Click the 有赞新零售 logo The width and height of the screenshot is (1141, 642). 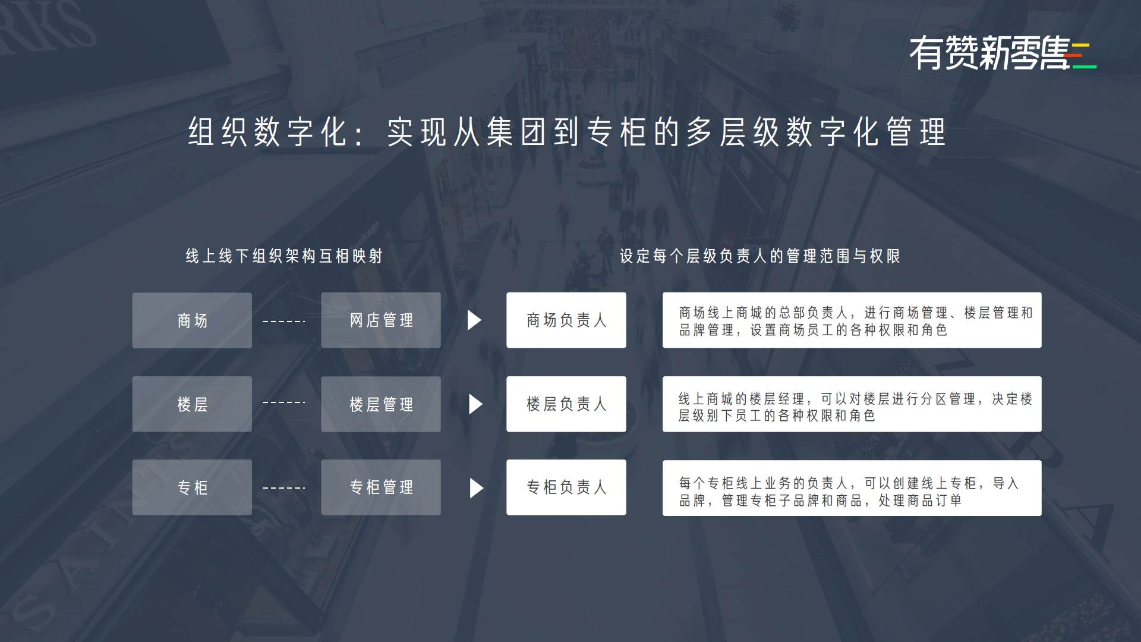click(x=1003, y=53)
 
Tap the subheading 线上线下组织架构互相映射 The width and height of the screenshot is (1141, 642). click(x=284, y=256)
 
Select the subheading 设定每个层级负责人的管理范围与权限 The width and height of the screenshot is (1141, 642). click(x=760, y=256)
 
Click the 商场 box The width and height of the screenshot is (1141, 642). click(x=192, y=320)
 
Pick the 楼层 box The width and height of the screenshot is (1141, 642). click(x=192, y=404)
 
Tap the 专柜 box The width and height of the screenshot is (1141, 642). click(x=192, y=487)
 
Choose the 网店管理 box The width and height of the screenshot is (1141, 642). click(x=381, y=320)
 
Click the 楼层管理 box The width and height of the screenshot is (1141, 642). click(x=381, y=404)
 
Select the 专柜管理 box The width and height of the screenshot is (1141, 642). click(x=381, y=487)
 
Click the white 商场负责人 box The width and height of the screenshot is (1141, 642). click(x=566, y=320)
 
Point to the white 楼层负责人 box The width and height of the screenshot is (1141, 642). click(x=566, y=404)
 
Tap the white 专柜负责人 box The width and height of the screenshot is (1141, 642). click(x=566, y=487)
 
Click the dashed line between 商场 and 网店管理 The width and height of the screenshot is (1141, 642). click(x=284, y=322)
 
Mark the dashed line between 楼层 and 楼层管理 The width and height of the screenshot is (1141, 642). click(x=284, y=402)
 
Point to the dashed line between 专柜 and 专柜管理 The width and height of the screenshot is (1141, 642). click(x=284, y=488)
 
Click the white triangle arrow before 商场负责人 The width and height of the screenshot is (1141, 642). click(x=474, y=320)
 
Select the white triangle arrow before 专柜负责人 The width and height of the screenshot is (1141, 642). click(x=476, y=488)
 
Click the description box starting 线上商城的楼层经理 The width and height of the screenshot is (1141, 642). click(x=852, y=404)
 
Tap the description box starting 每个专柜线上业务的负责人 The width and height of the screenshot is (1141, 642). click(x=852, y=488)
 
